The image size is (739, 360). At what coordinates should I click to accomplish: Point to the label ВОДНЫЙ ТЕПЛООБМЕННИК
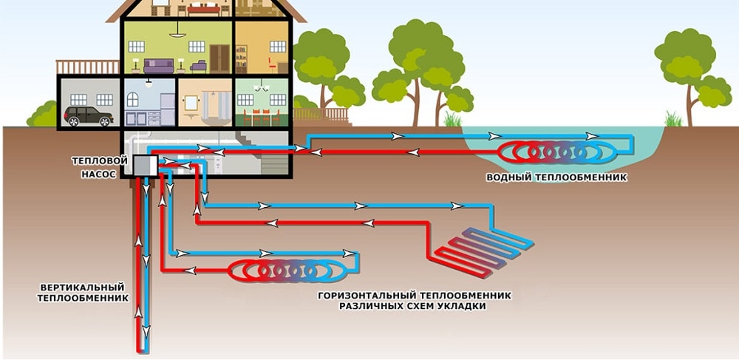click(x=556, y=177)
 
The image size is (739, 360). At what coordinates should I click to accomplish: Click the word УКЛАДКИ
click(x=462, y=306)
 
